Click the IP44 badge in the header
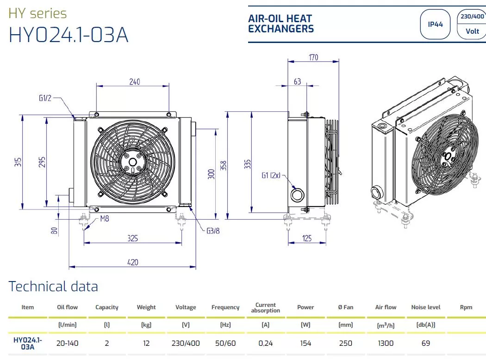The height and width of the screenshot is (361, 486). (x=435, y=24)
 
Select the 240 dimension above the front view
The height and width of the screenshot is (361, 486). (x=135, y=82)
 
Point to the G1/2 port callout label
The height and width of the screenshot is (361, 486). (x=45, y=98)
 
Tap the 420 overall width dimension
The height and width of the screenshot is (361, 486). (x=133, y=262)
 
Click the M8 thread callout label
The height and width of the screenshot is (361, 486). (x=105, y=219)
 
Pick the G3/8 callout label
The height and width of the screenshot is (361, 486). (x=213, y=231)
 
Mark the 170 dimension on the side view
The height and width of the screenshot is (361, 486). (x=313, y=57)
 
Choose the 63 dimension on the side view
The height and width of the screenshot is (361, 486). (x=297, y=81)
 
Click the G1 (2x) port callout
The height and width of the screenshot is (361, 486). (x=271, y=175)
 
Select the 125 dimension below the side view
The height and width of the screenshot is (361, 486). (x=307, y=238)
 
